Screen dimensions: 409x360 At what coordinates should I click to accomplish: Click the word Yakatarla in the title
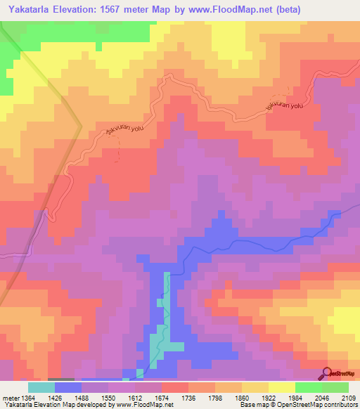[28, 10]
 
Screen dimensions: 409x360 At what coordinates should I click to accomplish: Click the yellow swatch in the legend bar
[281, 387]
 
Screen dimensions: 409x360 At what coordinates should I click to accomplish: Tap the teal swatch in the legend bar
[41, 387]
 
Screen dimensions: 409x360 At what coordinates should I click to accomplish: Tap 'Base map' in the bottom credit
[252, 405]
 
